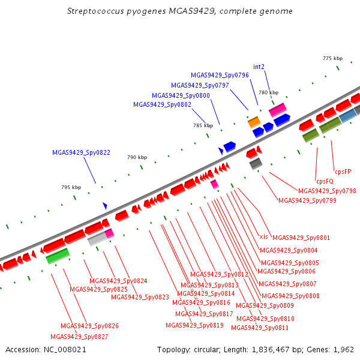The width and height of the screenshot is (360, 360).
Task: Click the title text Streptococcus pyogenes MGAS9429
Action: pyautogui.click(x=141, y=11)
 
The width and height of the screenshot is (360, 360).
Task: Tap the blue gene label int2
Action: pyautogui.click(x=259, y=67)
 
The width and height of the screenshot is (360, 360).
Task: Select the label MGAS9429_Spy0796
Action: pyautogui.click(x=220, y=75)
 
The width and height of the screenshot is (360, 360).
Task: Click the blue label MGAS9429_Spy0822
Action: pyautogui.click(x=81, y=152)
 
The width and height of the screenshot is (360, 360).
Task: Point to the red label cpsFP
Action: pyautogui.click(x=343, y=172)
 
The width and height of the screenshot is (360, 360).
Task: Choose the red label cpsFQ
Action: pyautogui.click(x=325, y=181)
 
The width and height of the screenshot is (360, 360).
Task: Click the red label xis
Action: pyautogui.click(x=263, y=236)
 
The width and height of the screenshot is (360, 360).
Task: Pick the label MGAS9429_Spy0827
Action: pyautogui.click(x=79, y=337)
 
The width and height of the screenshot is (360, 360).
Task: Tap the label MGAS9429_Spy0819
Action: pyautogui.click(x=194, y=325)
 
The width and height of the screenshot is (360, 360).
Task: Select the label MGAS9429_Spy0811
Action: pyautogui.click(x=260, y=328)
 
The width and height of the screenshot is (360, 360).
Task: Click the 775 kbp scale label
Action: pyautogui.click(x=332, y=58)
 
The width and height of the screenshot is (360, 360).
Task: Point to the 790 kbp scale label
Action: pyautogui.click(x=137, y=157)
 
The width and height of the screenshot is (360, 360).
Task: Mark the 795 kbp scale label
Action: pyautogui.click(x=71, y=187)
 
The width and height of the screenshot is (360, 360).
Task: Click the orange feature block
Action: pyautogui.click(x=254, y=122)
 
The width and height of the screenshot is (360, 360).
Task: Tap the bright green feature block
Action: pyautogui.click(x=58, y=256)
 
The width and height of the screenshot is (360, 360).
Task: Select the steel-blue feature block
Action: pyautogui.click(x=348, y=115)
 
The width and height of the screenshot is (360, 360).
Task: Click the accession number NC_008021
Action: pyautogui.click(x=65, y=350)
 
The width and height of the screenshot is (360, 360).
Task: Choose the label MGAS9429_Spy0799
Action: pyautogui.click(x=307, y=200)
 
